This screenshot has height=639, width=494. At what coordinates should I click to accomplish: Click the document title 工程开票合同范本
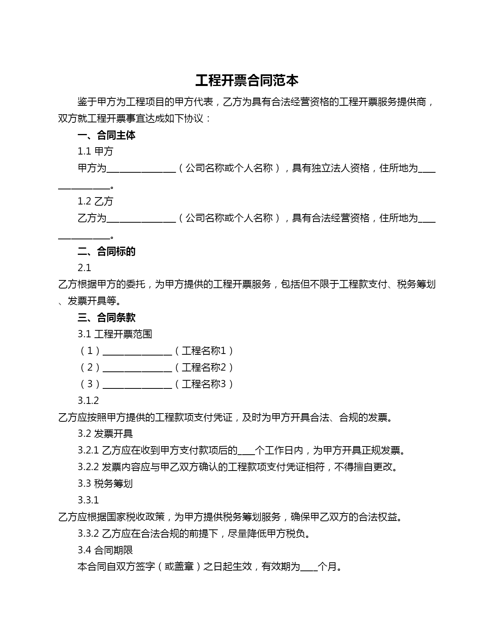[247, 81]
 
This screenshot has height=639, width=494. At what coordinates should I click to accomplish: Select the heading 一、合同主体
[107, 135]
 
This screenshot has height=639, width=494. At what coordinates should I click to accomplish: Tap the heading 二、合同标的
[107, 251]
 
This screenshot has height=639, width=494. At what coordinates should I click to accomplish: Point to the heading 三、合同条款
[107, 318]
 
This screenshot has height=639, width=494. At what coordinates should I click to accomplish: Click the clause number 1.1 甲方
[95, 151]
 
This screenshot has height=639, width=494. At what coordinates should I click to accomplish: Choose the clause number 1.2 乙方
[95, 201]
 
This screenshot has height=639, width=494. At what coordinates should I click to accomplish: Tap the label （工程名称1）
[204, 351]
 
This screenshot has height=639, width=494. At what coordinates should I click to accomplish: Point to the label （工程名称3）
[204, 384]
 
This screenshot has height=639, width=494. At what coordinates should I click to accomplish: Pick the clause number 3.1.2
[88, 400]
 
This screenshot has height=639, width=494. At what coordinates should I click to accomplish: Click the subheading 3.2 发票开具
[105, 434]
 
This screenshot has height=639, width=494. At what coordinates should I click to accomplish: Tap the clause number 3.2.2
[88, 467]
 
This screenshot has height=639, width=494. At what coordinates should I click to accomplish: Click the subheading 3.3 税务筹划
[105, 484]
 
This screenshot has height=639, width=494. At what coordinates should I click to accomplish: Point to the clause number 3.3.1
[88, 500]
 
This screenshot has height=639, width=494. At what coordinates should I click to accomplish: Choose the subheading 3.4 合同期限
[105, 550]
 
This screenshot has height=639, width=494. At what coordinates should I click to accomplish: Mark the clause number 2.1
[84, 268]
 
